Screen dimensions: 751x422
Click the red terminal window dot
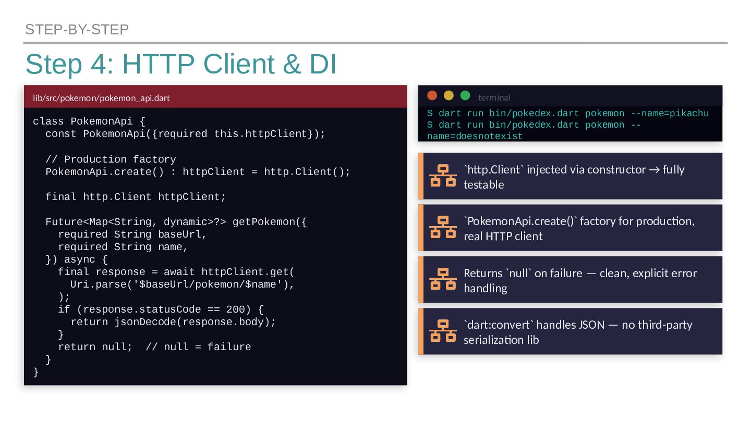[x=432, y=95]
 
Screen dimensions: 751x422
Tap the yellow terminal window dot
[x=449, y=95]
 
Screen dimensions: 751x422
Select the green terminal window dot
[x=466, y=95]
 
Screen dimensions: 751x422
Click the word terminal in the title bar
[x=494, y=97]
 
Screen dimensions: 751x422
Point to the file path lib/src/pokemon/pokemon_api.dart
[x=101, y=98]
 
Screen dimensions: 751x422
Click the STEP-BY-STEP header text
[x=77, y=30]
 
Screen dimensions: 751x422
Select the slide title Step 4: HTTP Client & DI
[x=180, y=65]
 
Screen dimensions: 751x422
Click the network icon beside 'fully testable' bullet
[x=443, y=176]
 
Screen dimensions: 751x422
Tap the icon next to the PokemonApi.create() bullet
[x=443, y=227]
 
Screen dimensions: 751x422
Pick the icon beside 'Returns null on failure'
[x=443, y=279]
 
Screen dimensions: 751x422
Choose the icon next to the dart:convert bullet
[x=443, y=331]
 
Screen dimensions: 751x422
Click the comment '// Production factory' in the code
[x=111, y=159]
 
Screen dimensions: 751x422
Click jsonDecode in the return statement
[x=146, y=322]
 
